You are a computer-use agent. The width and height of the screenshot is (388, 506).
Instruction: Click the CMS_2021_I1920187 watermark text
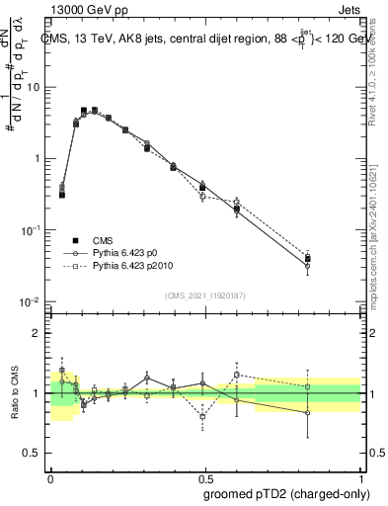[205, 295]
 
